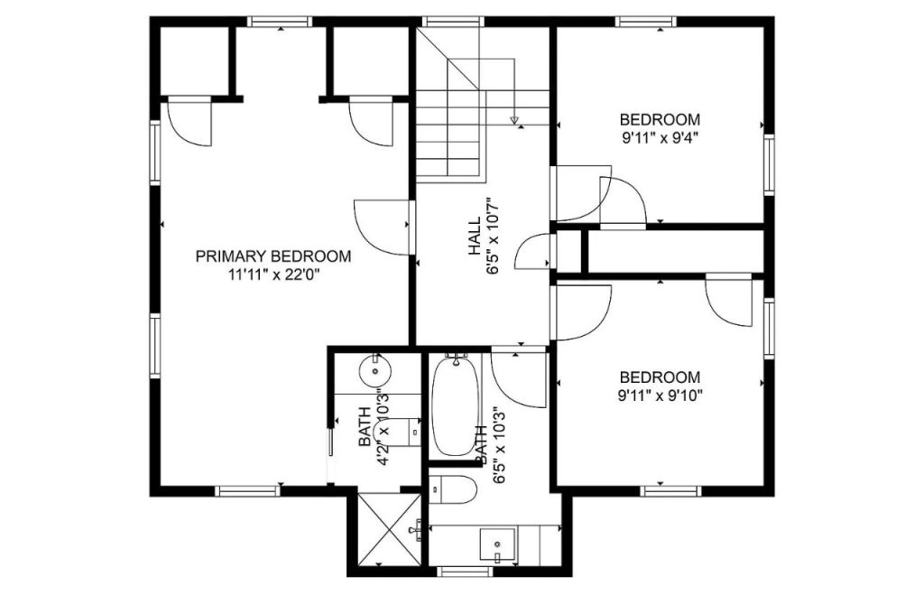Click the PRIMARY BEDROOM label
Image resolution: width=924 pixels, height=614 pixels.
point(273,256)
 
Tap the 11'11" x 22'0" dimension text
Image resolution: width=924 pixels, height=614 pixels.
point(273,274)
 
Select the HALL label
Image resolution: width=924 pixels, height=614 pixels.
point(475,236)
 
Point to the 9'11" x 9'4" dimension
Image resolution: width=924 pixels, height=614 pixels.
point(660,137)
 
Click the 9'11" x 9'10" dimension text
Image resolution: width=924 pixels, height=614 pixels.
point(660,395)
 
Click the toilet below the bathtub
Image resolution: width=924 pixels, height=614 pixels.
point(453,489)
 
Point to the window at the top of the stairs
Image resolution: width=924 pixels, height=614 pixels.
point(453,22)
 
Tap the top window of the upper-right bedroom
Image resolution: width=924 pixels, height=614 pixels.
point(646,22)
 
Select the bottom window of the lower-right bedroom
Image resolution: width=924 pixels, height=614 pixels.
point(670,490)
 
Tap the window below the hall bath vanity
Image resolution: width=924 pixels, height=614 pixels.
point(466,571)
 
